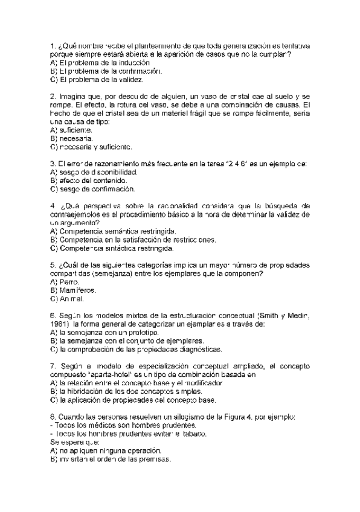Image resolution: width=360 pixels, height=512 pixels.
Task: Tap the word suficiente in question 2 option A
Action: [x=76, y=130]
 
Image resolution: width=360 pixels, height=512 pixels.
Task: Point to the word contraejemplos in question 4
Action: [x=73, y=214]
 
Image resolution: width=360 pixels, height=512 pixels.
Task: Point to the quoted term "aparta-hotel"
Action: [x=107, y=374]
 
